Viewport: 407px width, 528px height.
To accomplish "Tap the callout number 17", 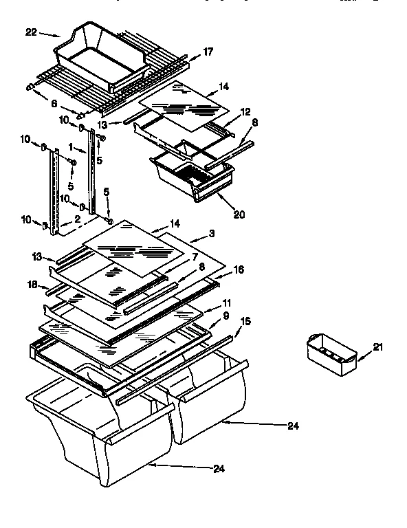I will (x=208, y=51).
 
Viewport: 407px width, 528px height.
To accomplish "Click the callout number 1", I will (x=71, y=147).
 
